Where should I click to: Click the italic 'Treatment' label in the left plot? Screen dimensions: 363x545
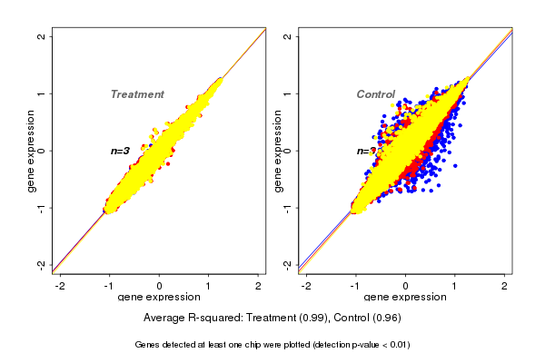[x=137, y=94]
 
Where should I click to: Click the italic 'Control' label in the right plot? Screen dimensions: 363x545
[x=375, y=94]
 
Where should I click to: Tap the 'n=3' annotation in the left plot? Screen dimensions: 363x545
[x=121, y=151]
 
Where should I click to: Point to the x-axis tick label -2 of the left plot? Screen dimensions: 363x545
[x=59, y=287]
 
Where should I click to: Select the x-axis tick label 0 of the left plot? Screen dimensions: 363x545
[x=160, y=287]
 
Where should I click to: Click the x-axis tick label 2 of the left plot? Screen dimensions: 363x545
[x=259, y=287]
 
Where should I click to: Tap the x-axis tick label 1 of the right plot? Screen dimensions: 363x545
[x=456, y=287]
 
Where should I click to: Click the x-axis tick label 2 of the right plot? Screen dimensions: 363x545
[x=505, y=287]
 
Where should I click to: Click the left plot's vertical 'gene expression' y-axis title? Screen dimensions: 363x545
[x=31, y=152]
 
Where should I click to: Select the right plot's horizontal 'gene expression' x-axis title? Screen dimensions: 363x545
[x=405, y=299]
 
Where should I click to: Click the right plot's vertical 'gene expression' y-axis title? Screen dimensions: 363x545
[x=277, y=152]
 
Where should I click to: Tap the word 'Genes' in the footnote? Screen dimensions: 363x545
[x=148, y=345]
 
